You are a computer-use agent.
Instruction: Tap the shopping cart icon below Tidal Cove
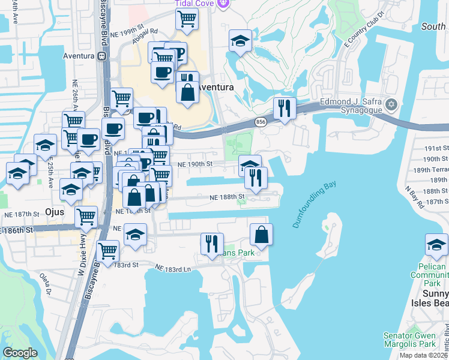click(x=187, y=19)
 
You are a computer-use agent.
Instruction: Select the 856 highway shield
click(x=261, y=122)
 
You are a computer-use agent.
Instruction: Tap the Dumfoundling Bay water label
click(x=314, y=205)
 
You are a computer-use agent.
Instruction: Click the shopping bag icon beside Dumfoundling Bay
click(x=261, y=235)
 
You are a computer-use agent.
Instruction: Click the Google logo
click(x=20, y=353)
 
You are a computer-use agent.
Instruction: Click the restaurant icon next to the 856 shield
click(x=284, y=109)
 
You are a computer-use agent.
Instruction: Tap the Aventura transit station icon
click(x=102, y=56)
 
